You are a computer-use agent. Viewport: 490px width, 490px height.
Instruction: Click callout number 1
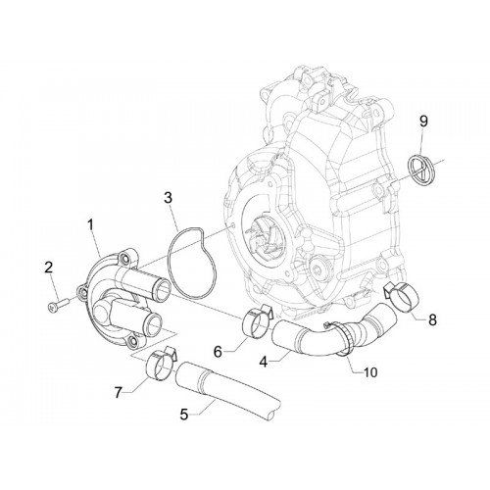(x=90, y=224)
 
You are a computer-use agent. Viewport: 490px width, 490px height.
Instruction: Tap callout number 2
(x=48, y=268)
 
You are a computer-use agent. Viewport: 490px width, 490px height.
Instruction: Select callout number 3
(x=168, y=198)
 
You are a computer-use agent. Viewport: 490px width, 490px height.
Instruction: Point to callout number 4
(x=264, y=362)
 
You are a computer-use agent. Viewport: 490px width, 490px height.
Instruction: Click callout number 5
(x=184, y=415)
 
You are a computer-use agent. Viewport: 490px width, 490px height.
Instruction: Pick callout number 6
(x=219, y=352)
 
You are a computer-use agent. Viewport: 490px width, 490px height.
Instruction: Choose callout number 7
(x=119, y=392)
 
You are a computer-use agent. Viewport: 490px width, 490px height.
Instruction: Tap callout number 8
(x=432, y=319)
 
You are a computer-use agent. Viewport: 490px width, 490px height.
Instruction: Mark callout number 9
(x=423, y=122)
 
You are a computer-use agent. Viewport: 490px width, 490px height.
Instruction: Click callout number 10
(x=370, y=372)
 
